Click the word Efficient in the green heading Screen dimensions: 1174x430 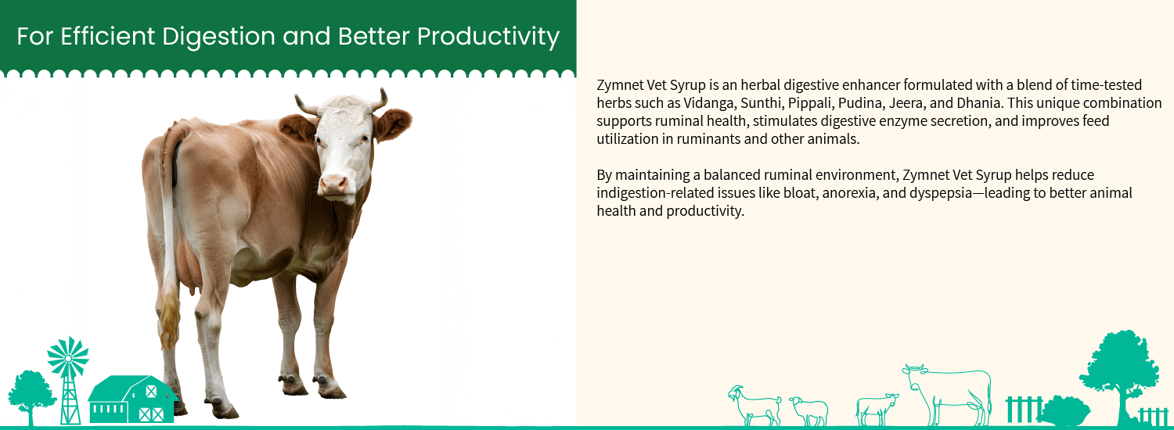coord(107,36)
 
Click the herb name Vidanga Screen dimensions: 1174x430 coord(708,102)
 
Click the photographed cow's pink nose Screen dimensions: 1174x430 coord(334,184)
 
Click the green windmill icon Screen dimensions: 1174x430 coord(68,380)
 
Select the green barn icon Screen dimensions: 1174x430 coord(132,399)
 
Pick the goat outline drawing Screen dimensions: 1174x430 coord(754,406)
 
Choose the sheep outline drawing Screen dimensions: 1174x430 coord(808,411)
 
